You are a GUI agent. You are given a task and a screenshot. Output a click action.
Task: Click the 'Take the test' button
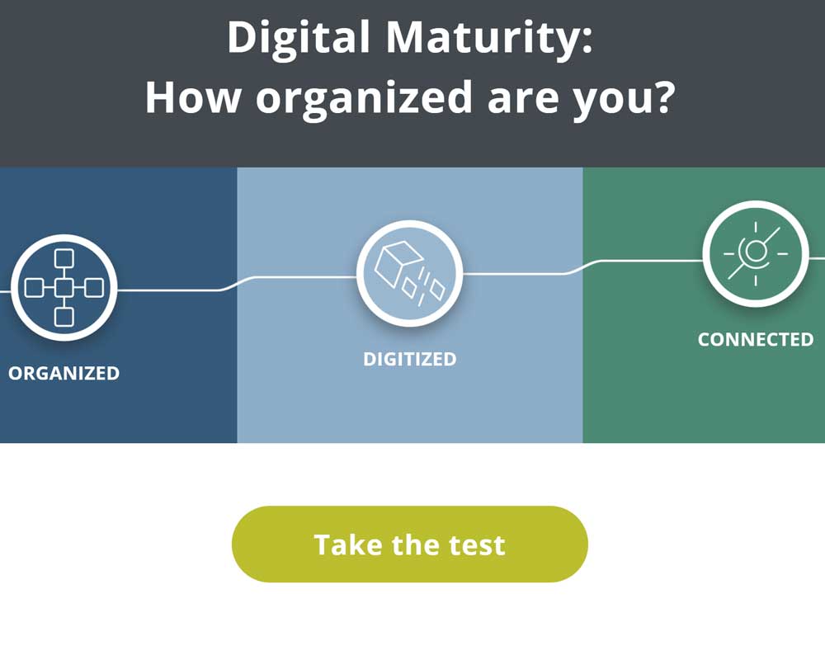409,544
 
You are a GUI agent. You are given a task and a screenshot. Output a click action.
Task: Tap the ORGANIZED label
64,373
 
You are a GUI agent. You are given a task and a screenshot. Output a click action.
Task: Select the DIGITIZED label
410,359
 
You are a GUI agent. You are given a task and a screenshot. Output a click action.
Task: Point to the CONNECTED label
756,339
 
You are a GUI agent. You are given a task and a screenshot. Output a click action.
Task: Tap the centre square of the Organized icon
64,288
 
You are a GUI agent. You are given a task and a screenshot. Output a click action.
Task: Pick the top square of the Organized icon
64,258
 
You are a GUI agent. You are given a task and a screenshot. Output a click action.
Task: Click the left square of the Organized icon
34,288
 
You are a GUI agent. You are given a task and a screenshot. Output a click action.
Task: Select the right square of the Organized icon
94,288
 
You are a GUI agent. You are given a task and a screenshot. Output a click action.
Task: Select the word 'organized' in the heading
364,99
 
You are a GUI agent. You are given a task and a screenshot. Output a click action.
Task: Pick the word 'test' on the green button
477,544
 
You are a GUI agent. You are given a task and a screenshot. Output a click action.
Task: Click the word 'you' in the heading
612,102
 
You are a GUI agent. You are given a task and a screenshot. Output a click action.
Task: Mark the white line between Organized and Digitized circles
237,283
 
